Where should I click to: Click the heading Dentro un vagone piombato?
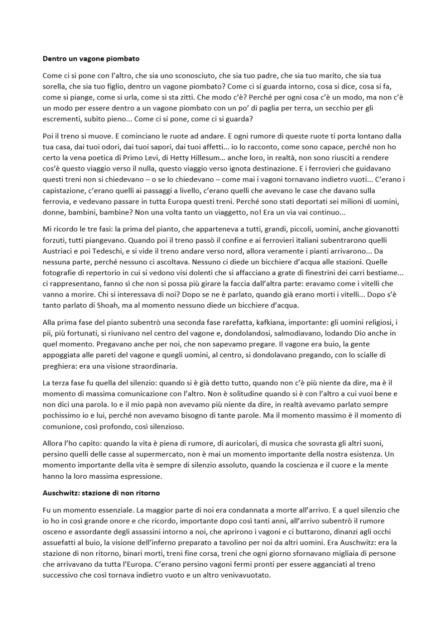pos(91,59)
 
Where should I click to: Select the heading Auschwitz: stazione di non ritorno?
pos(101,493)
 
